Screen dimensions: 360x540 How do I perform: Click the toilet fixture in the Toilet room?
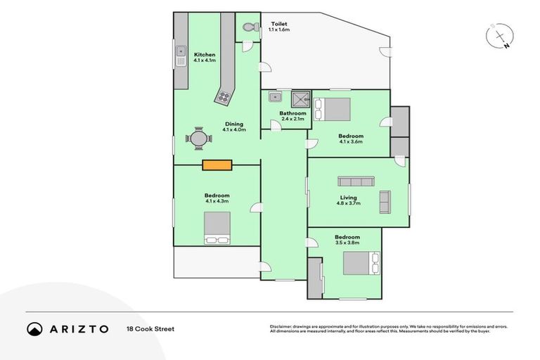click(247, 27)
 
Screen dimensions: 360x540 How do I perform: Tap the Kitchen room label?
click(205, 54)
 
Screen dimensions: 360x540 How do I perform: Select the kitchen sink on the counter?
click(181, 59)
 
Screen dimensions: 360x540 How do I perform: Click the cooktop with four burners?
click(224, 97)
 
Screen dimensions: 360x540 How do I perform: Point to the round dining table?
click(199, 139)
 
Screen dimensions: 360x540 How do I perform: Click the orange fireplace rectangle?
click(217, 165)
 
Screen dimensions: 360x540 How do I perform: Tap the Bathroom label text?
click(292, 113)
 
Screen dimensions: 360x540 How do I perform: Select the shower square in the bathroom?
click(301, 98)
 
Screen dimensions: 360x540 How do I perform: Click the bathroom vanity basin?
click(276, 97)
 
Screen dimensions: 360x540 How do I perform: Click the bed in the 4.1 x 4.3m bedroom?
click(217, 228)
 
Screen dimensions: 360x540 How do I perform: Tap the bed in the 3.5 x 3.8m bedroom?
click(361, 264)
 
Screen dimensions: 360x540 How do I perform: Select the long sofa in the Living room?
click(359, 181)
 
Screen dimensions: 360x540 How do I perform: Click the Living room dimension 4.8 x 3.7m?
click(349, 205)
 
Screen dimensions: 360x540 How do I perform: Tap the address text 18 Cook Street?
click(150, 328)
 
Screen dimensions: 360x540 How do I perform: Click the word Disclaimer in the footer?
click(282, 326)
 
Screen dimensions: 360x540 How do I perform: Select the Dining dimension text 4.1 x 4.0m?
click(234, 130)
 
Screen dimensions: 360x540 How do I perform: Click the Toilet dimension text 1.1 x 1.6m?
click(279, 30)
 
